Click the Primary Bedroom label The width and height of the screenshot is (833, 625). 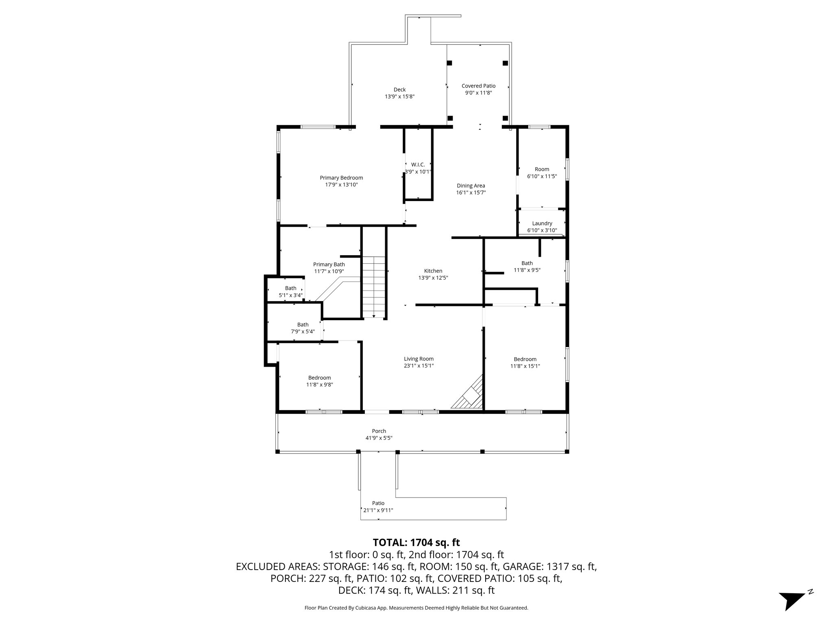tap(341, 178)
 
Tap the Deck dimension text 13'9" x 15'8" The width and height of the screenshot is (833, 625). tap(399, 97)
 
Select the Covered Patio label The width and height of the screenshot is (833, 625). tap(478, 86)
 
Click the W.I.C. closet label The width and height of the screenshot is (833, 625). tap(418, 165)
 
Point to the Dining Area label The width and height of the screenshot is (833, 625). tap(471, 186)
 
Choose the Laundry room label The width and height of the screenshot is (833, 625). tap(542, 223)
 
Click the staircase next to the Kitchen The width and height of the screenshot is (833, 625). tap(374, 287)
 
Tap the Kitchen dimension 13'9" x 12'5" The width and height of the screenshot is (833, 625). tap(433, 278)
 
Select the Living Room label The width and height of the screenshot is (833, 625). tap(419, 359)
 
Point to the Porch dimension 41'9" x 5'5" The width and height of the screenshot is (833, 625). tap(379, 438)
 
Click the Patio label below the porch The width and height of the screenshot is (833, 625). tap(378, 503)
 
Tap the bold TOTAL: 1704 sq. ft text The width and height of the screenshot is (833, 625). tap(416, 542)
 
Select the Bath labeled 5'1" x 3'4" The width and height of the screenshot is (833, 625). tap(290, 288)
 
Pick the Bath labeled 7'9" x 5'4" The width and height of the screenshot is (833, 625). tap(303, 325)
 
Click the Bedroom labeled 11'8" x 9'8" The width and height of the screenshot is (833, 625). tap(319, 378)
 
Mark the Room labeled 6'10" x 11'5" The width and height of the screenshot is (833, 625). tap(542, 169)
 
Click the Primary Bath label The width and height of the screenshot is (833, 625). tap(329, 264)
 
